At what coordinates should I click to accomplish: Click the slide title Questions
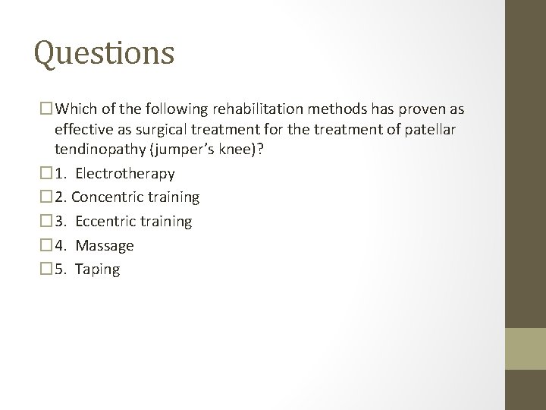105,54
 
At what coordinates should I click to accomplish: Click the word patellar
428,129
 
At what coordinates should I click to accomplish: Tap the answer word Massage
105,246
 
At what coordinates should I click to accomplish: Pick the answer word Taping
98,270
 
